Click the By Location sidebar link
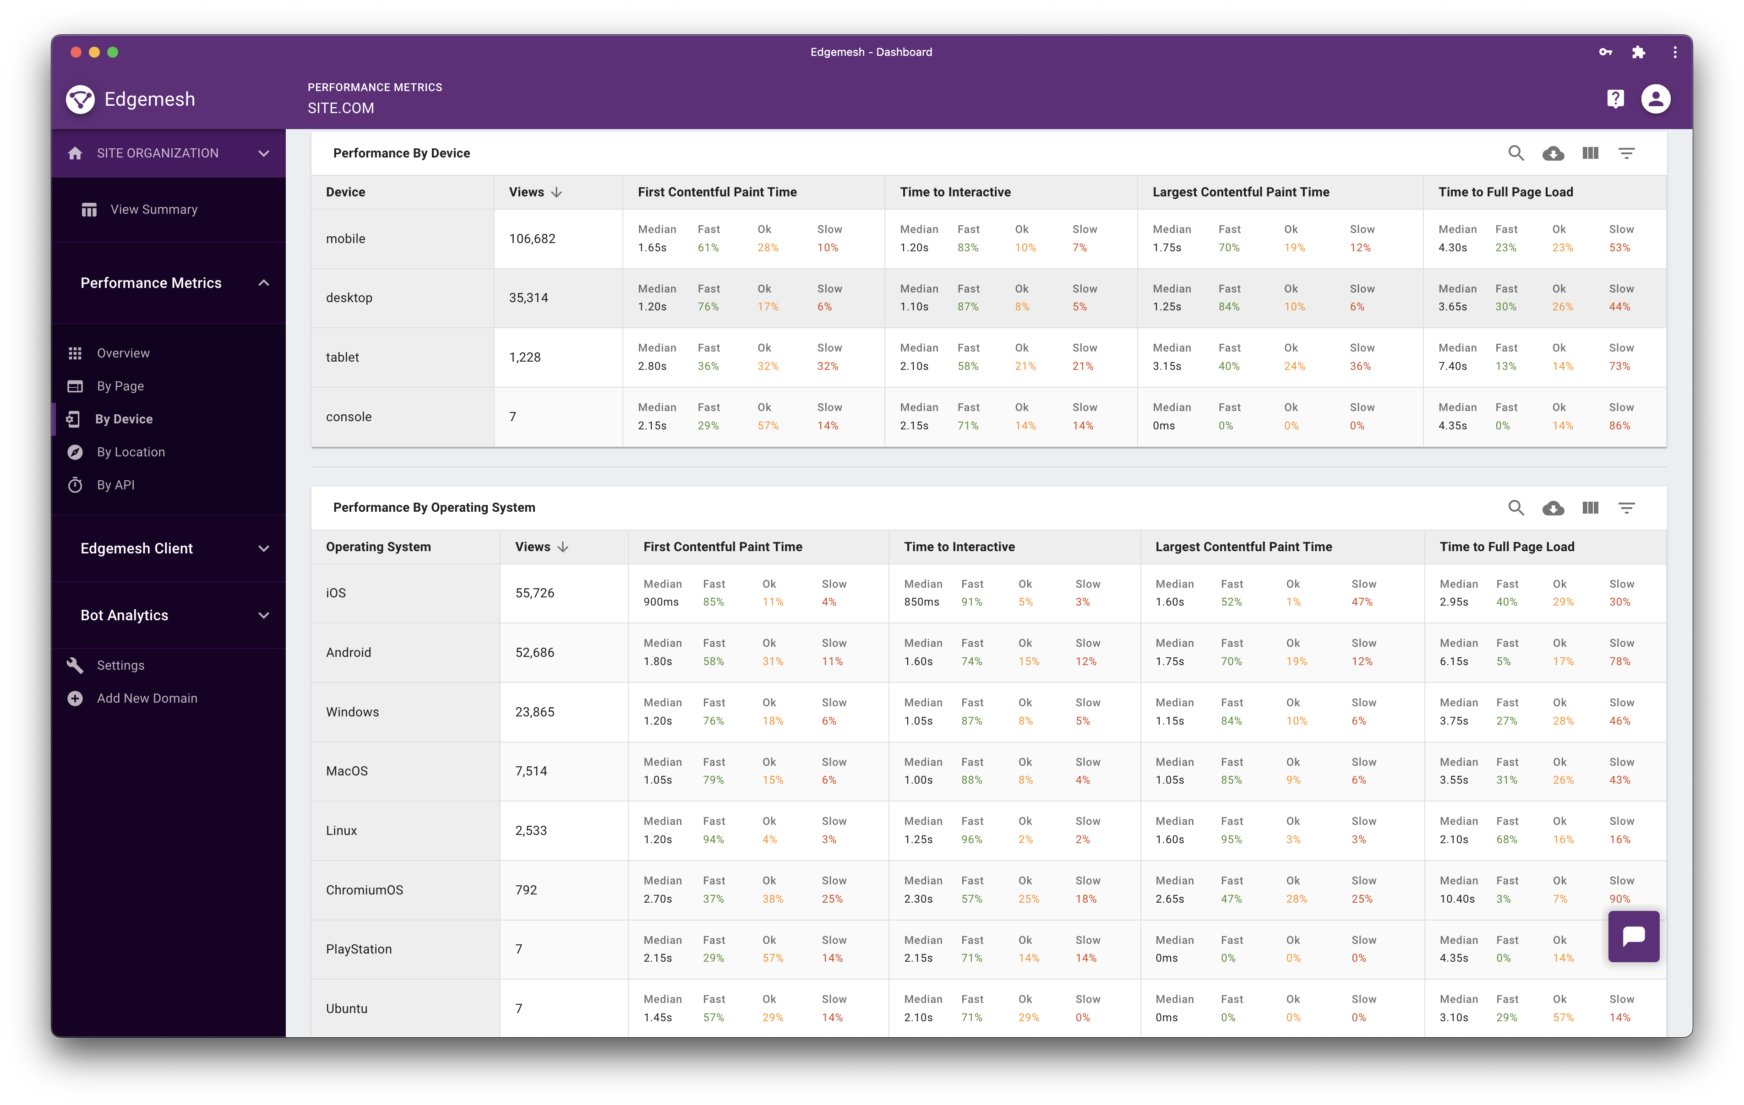tap(131, 452)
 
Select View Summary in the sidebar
tap(153, 209)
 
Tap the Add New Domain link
tap(147, 698)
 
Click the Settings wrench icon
tap(75, 665)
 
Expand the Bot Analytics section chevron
tap(264, 616)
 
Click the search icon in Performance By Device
tap(1516, 153)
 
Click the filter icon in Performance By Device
tap(1627, 153)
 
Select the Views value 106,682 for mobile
tap(532, 239)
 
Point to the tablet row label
tap(343, 357)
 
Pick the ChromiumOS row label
tap(364, 890)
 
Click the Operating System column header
tap(378, 547)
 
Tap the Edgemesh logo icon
tap(81, 99)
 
